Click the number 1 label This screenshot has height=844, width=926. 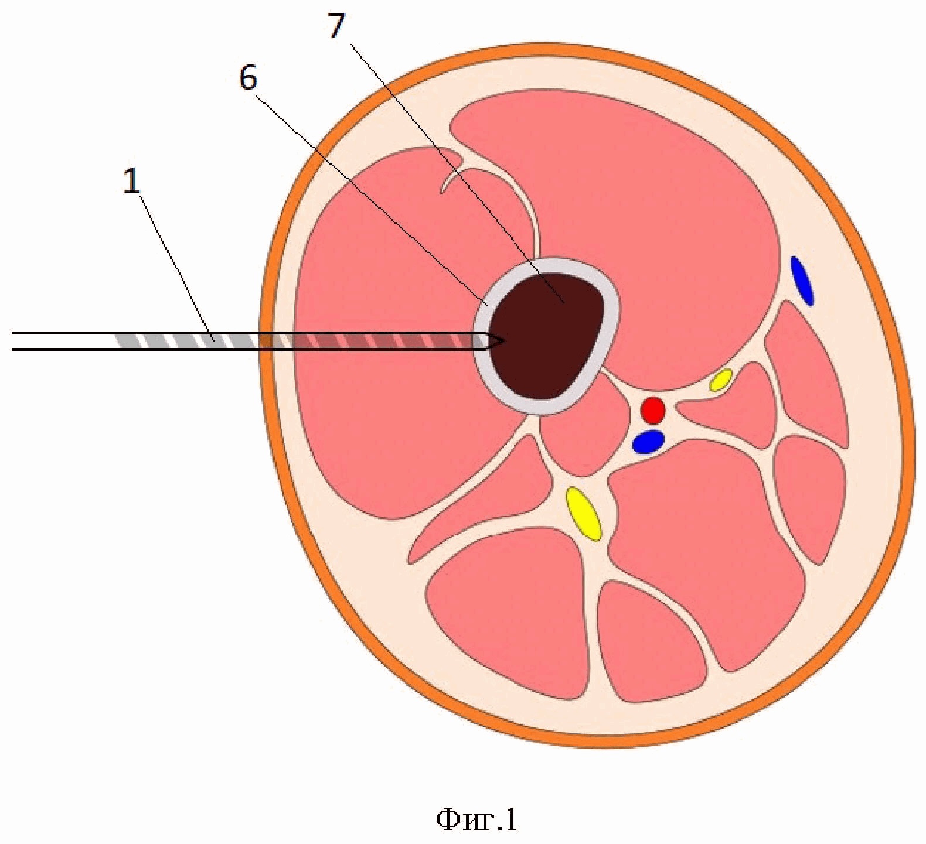[x=132, y=182]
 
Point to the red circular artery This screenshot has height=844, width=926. [x=652, y=410]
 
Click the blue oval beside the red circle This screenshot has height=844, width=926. [x=648, y=442]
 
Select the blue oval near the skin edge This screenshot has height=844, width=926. [x=802, y=281]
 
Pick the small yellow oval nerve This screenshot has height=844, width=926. [x=721, y=380]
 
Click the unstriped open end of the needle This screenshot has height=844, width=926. [x=59, y=341]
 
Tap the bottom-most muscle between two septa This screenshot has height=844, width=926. [x=651, y=644]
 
